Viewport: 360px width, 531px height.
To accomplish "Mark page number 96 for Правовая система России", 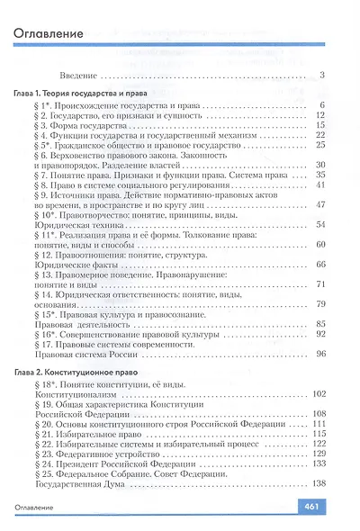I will (319, 355).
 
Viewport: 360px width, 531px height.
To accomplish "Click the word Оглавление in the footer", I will (39, 509).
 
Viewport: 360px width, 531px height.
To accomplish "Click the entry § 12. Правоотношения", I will (85, 254).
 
